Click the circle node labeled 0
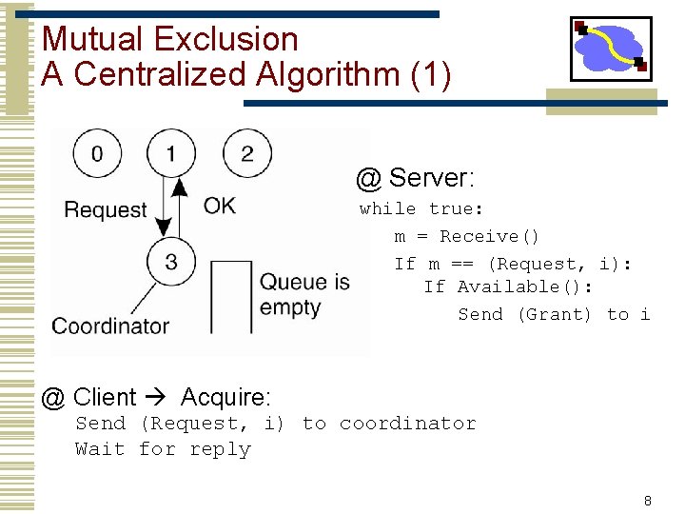[97, 153]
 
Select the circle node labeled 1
[171, 153]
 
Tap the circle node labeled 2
[246, 153]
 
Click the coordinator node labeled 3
[171, 262]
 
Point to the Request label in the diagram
[106, 209]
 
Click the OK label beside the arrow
[219, 206]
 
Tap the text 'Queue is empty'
[304, 294]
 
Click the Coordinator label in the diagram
[110, 326]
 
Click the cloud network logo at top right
[610, 48]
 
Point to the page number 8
[647, 501]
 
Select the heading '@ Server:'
[415, 178]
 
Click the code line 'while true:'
[421, 208]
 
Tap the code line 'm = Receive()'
[467, 236]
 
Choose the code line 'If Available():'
[508, 287]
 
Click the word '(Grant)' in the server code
[554, 314]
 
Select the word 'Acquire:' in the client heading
[225, 396]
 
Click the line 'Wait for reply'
[163, 449]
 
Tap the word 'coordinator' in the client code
[407, 424]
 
